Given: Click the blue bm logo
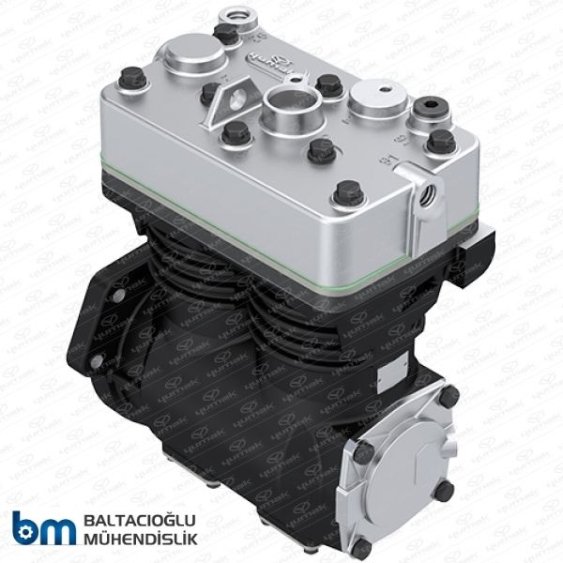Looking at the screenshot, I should [43, 528].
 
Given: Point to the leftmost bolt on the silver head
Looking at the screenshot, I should [135, 80].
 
